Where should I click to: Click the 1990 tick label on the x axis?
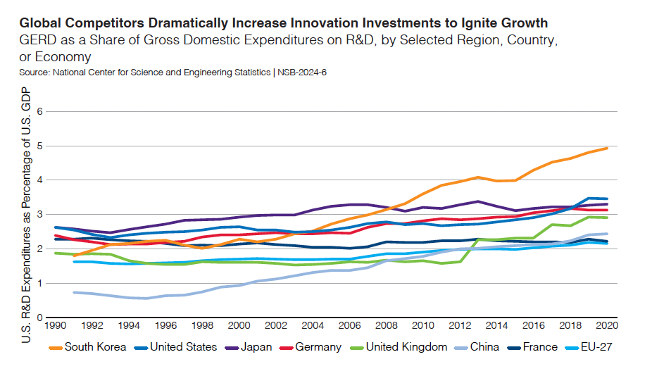(x=56, y=327)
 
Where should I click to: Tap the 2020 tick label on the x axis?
(x=606, y=327)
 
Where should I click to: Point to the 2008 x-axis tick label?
(x=386, y=327)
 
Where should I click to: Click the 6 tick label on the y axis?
(x=40, y=112)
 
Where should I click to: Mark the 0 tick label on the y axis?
(x=40, y=318)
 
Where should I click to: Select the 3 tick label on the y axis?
(x=40, y=215)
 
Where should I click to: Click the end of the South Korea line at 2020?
(x=607, y=149)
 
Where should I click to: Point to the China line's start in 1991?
(x=75, y=292)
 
